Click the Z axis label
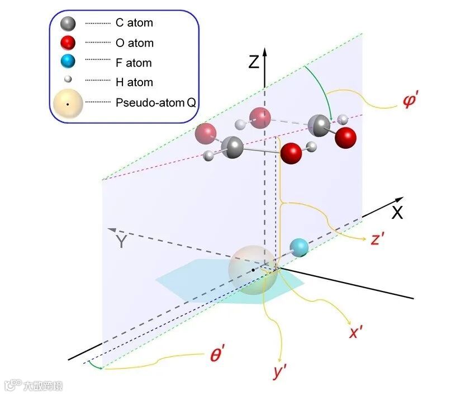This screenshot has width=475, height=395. (x=254, y=60)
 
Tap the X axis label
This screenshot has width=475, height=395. (x=397, y=213)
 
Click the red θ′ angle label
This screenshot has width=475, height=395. (x=218, y=355)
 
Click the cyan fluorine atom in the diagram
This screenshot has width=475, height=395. (x=300, y=247)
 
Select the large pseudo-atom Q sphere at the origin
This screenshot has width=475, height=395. (x=253, y=269)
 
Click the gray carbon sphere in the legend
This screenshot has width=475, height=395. (x=68, y=23)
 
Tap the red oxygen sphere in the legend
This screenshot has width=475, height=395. (x=68, y=43)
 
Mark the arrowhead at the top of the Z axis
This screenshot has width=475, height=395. (x=265, y=50)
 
